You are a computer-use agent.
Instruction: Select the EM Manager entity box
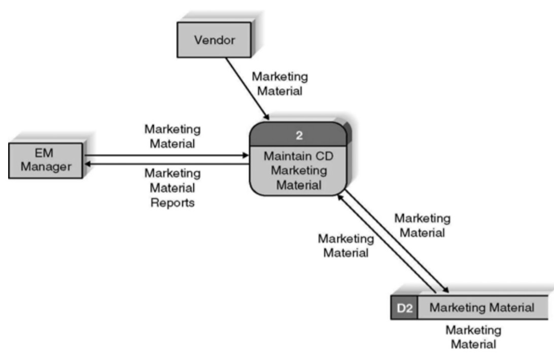(46, 160)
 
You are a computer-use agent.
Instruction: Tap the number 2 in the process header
(299, 136)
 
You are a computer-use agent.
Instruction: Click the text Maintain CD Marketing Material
(299, 171)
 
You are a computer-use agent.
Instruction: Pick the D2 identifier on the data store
(403, 308)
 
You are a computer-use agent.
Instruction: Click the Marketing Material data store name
(482, 308)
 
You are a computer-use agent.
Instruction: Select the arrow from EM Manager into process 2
(167, 156)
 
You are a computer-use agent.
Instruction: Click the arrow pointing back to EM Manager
(167, 163)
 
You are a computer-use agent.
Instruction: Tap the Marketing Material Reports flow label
(172, 187)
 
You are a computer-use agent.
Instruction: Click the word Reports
(172, 202)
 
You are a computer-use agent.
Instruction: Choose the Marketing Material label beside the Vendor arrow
(280, 84)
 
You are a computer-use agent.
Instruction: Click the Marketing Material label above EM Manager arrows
(172, 137)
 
